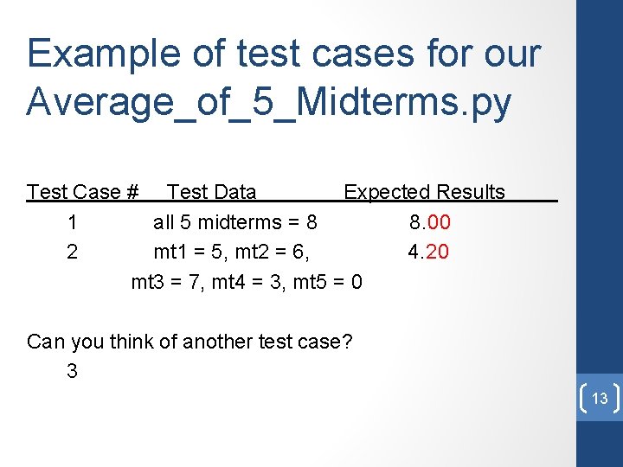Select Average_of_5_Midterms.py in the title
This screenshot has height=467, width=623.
tap(269, 102)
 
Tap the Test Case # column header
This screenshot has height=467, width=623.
tap(83, 192)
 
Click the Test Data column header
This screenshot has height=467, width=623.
tap(211, 192)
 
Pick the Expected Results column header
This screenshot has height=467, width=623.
tap(424, 192)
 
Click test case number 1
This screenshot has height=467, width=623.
tap(72, 222)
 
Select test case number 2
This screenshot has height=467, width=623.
tap(72, 253)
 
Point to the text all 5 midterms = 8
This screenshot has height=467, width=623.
tap(235, 222)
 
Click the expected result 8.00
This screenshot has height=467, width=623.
tap(430, 222)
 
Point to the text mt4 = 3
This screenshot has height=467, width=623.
tap(248, 283)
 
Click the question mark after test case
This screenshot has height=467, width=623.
tap(347, 342)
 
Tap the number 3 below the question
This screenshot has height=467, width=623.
tap(72, 372)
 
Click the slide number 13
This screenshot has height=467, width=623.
tap(600, 399)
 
